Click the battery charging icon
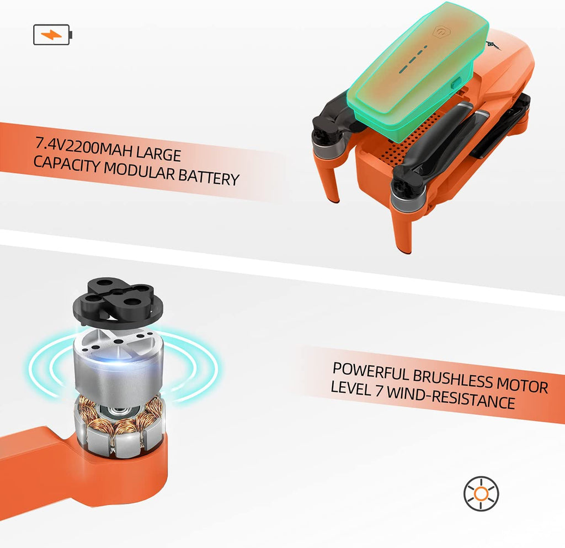pyautogui.click(x=52, y=35)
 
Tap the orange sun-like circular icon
pyautogui.click(x=481, y=493)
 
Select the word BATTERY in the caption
pyautogui.click(x=209, y=177)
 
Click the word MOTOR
pyautogui.click(x=522, y=385)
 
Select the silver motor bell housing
pyautogui.click(x=118, y=364)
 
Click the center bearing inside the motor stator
pyautogui.click(x=116, y=410)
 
